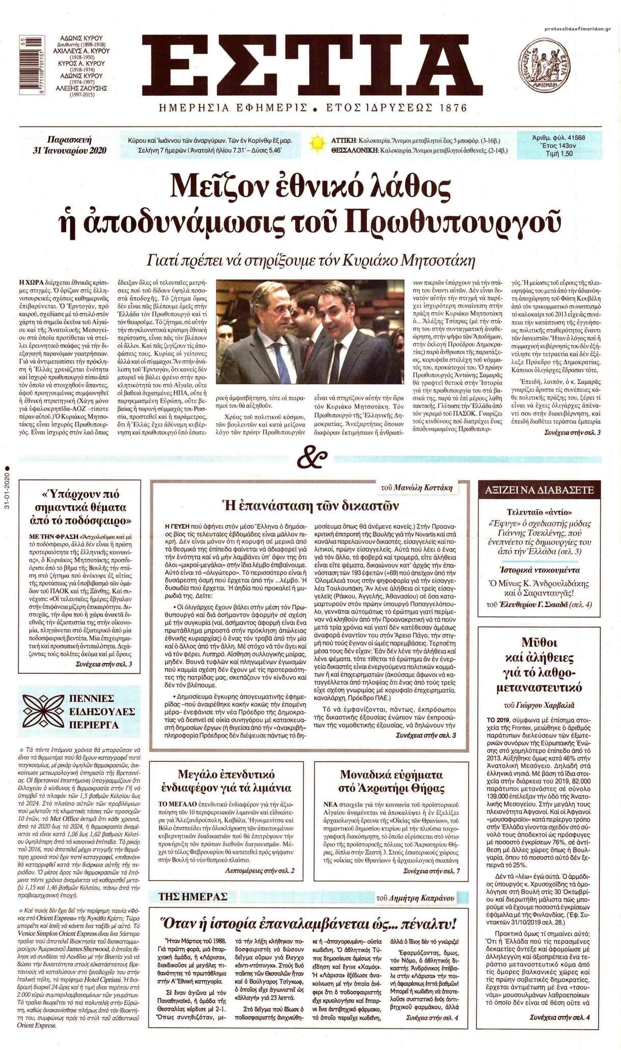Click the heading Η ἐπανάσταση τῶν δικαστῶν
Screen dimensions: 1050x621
[x=310, y=506]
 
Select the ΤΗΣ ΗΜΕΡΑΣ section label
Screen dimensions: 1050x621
[x=194, y=897]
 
